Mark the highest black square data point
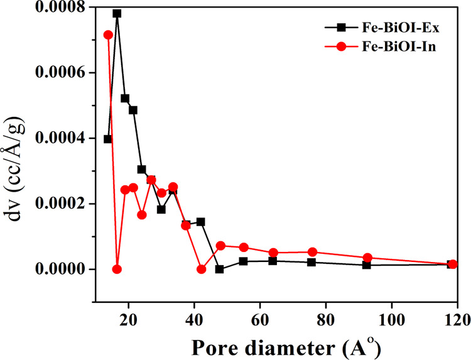pyautogui.click(x=117, y=13)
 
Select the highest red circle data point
pyautogui.click(x=108, y=35)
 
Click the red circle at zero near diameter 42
pyautogui.click(x=202, y=269)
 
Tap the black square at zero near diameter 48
pyautogui.click(x=220, y=269)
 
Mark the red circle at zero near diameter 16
pyautogui.click(x=117, y=269)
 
